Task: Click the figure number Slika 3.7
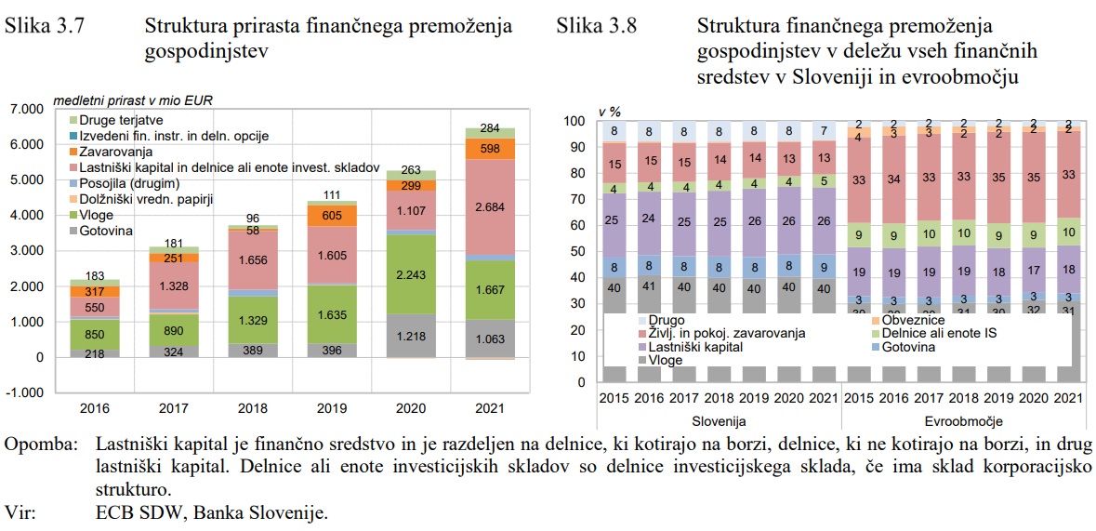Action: [x=45, y=26]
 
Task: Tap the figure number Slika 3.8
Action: [x=596, y=26]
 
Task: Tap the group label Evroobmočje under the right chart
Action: [x=960, y=421]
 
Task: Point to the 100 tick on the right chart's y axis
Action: [x=576, y=122]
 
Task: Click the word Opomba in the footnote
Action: [x=41, y=445]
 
